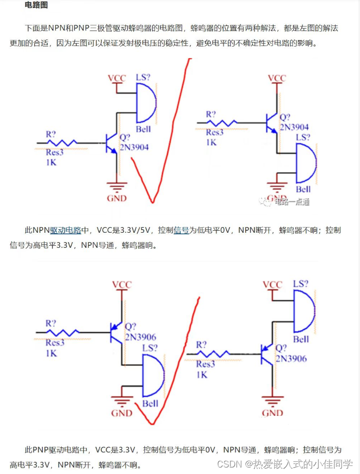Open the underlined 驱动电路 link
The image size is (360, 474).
pyautogui.click(x=65, y=230)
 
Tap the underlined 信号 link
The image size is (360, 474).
pyautogui.click(x=181, y=230)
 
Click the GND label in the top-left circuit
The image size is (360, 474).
pyautogui.click(x=116, y=198)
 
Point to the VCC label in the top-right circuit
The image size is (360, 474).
pyautogui.click(x=277, y=78)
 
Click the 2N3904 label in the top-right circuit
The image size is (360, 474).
pyautogui.click(x=294, y=127)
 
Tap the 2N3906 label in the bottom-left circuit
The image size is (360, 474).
pyautogui.click(x=141, y=337)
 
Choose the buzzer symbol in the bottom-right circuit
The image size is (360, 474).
pyautogui.click(x=303, y=311)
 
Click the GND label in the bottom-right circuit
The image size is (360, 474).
pyautogui.click(x=272, y=413)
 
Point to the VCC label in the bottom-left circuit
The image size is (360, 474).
pyautogui.click(x=121, y=285)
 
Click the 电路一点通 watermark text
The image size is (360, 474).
pyautogui.click(x=292, y=202)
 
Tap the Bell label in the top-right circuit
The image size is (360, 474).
pyautogui.click(x=303, y=189)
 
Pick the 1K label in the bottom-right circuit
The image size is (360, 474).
pyautogui.click(x=202, y=375)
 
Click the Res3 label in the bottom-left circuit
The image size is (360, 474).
pyautogui.click(x=55, y=343)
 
